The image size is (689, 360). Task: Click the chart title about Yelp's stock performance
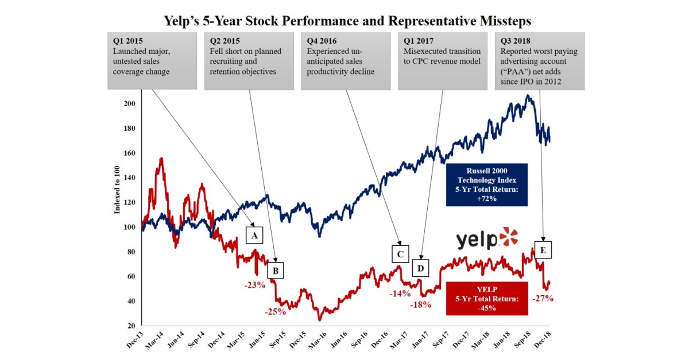pyautogui.click(x=344, y=21)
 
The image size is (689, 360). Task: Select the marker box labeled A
pyautogui.click(x=254, y=235)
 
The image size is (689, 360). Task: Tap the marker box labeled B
pyautogui.click(x=276, y=270)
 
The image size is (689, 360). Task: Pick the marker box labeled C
pyautogui.click(x=401, y=253)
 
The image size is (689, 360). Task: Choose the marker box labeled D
pyautogui.click(x=421, y=268)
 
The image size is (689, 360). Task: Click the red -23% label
pyautogui.click(x=253, y=285)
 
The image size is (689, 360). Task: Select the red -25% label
pyautogui.click(x=276, y=312)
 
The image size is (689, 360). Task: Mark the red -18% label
pyautogui.click(x=420, y=305)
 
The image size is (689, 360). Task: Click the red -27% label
pyautogui.click(x=542, y=298)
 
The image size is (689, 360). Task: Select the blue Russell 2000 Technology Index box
pyautogui.click(x=487, y=184)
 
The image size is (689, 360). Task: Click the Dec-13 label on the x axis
pyautogui.click(x=134, y=343)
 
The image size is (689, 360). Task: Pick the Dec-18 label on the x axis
pyautogui.click(x=543, y=343)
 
